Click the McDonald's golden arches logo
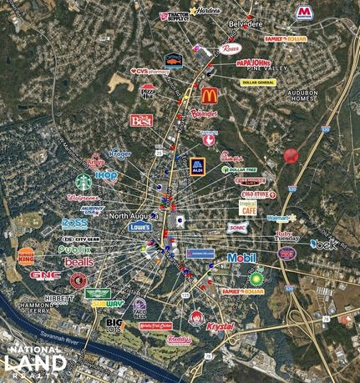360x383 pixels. [209, 95]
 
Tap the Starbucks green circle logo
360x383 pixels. [84, 181]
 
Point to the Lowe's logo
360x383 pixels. [139, 226]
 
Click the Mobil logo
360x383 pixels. [241, 258]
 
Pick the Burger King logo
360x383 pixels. [27, 256]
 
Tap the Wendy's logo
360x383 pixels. [197, 317]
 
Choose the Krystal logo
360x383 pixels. [221, 326]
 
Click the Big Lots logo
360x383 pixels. [114, 325]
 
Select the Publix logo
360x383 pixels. [74, 249]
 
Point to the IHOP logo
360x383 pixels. [106, 176]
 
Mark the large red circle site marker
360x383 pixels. [291, 155]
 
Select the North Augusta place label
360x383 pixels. [132, 214]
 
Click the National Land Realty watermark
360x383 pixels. [34, 360]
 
